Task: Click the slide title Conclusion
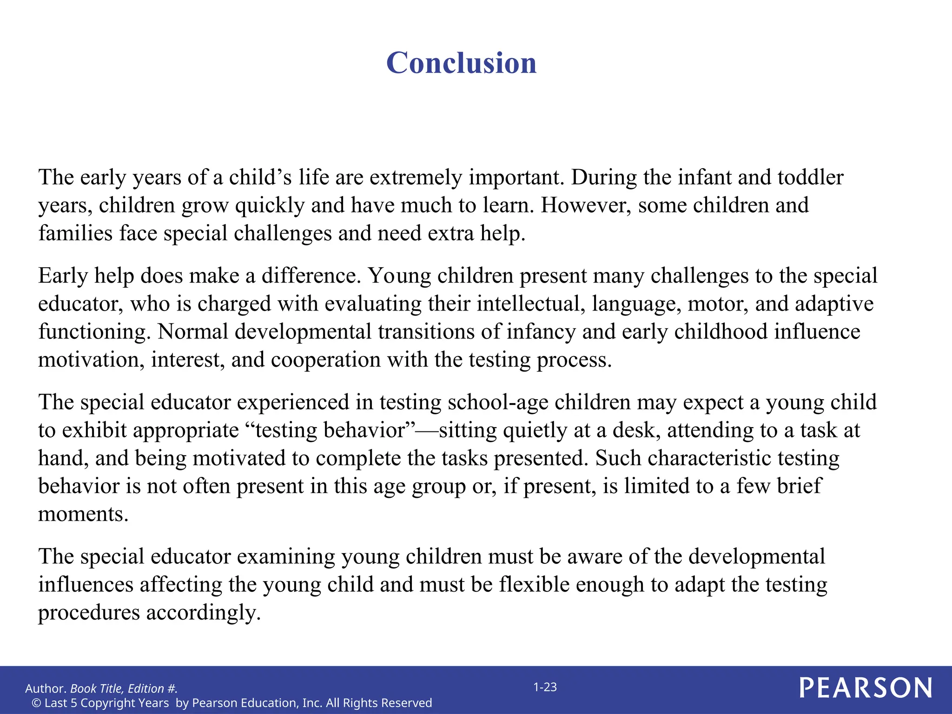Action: (x=461, y=63)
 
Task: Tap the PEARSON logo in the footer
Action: (x=866, y=688)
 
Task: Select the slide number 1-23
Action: (x=545, y=687)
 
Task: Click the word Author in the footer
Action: (x=45, y=688)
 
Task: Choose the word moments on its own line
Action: (x=83, y=514)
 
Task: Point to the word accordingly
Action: (x=204, y=613)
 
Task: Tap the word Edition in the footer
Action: (x=145, y=688)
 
